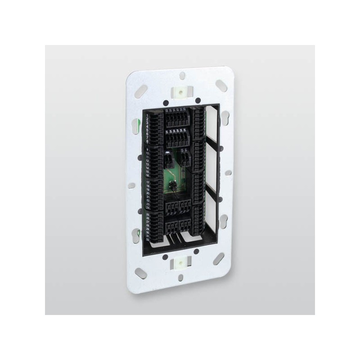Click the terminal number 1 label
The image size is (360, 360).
point(148,116)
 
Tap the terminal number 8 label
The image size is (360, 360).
point(147,141)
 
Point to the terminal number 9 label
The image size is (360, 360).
point(147,149)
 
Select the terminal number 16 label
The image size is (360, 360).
point(147,175)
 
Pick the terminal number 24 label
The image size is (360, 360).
point(148,208)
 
